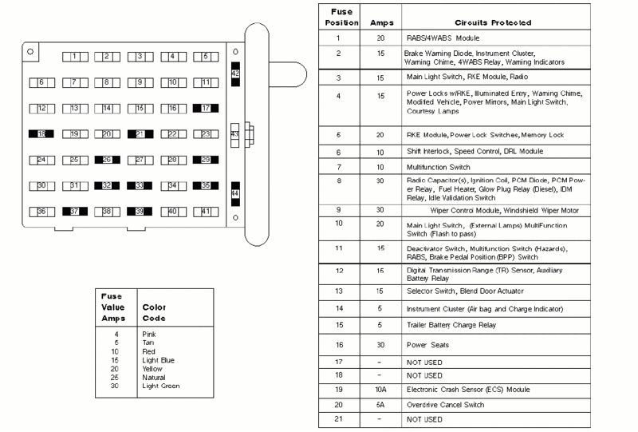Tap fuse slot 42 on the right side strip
(234, 73)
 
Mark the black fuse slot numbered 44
(234, 194)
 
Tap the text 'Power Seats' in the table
(427, 345)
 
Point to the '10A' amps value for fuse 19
(380, 390)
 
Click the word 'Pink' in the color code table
(148, 334)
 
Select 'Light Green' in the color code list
(160, 386)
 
